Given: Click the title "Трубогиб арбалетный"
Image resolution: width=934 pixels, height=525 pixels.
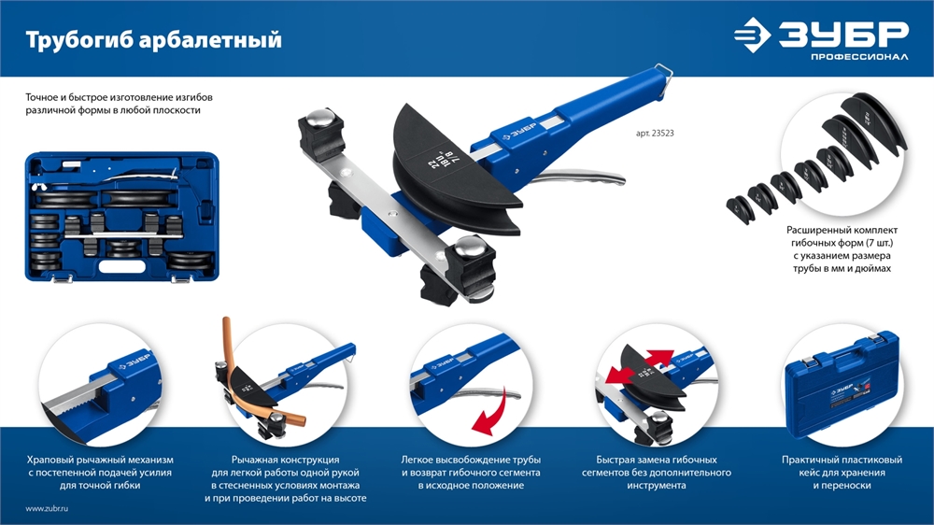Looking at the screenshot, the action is point(154,40).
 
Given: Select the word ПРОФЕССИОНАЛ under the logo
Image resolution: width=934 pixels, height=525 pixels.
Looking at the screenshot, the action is point(859,57).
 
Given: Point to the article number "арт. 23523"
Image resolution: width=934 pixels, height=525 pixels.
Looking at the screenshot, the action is point(655,134).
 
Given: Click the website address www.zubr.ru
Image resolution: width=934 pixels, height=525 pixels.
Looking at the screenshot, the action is point(47,509).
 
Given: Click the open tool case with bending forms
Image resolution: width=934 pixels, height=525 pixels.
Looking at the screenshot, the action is point(122,218).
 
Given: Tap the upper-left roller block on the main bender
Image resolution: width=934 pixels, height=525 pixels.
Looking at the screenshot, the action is point(322,135).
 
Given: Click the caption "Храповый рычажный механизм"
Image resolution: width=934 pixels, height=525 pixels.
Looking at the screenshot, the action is point(100,460).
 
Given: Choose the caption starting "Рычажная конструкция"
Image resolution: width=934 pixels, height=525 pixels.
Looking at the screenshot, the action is point(285,479).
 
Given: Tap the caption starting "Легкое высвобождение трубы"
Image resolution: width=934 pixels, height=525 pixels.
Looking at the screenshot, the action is point(471,473).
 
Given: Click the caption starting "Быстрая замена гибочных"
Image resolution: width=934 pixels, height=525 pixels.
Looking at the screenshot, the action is point(657,473).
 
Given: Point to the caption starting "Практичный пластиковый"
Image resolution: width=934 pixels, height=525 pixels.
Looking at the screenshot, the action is point(842,473).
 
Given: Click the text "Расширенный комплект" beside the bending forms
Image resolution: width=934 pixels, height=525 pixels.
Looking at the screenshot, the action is point(842,230).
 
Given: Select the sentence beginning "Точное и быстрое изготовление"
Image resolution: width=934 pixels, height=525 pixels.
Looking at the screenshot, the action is point(119,104).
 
